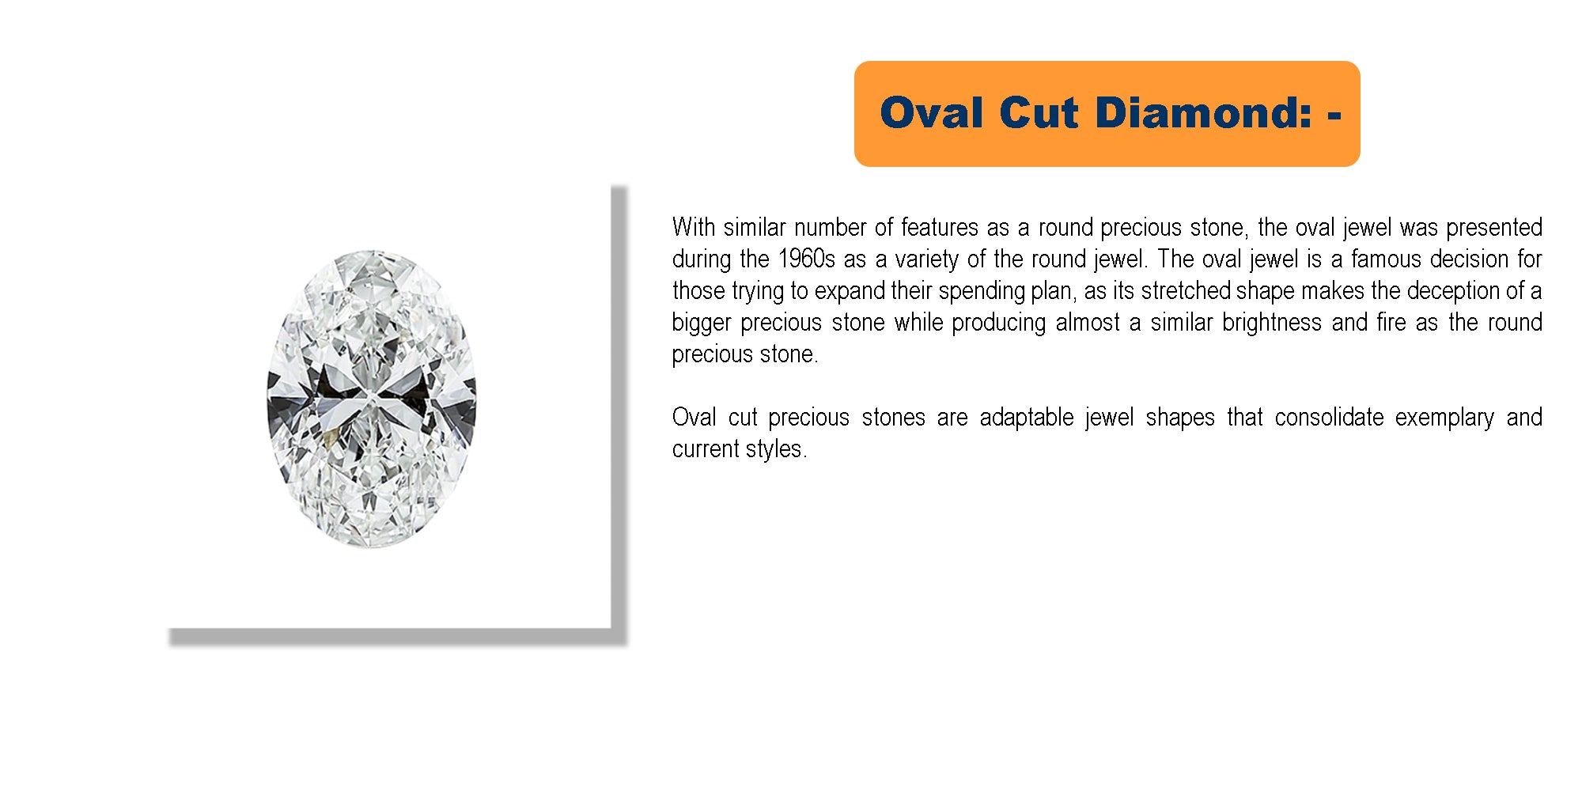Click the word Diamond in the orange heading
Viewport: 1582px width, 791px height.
click(1204, 112)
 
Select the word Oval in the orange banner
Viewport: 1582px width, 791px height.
click(932, 112)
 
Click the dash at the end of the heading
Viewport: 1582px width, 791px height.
click(1334, 115)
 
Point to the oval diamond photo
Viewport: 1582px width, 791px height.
click(372, 399)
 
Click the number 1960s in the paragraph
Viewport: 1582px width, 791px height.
click(807, 259)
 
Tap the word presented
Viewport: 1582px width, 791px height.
click(1494, 228)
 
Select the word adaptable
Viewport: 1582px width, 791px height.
click(1027, 418)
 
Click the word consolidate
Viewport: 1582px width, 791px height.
click(1329, 417)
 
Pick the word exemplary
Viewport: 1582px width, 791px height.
click(1444, 418)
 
